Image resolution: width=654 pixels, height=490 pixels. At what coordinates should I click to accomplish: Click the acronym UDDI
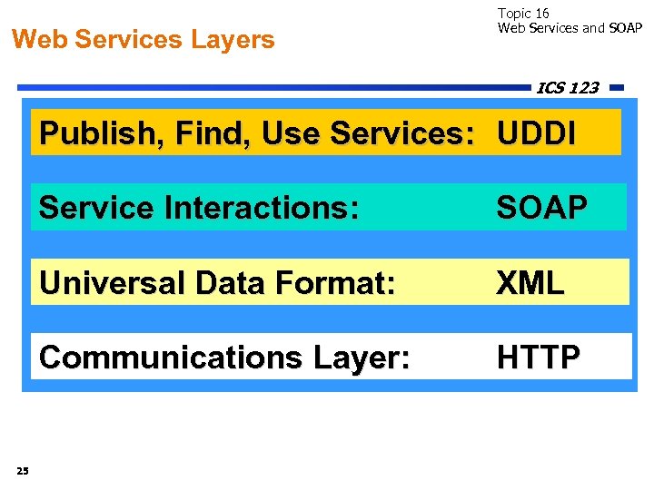pyautogui.click(x=535, y=134)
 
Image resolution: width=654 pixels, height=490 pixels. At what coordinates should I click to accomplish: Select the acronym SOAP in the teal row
pyautogui.click(x=541, y=208)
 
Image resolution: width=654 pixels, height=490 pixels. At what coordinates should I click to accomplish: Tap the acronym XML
pyautogui.click(x=530, y=283)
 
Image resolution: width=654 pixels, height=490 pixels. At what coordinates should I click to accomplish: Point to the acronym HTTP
pyautogui.click(x=538, y=358)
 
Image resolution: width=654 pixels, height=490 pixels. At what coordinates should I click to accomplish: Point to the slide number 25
pyautogui.click(x=23, y=469)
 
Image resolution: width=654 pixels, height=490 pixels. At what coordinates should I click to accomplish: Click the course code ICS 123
pyautogui.click(x=568, y=88)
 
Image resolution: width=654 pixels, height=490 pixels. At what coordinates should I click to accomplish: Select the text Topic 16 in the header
pyautogui.click(x=523, y=14)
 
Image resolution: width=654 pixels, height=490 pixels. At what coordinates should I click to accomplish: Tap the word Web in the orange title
pyautogui.click(x=40, y=40)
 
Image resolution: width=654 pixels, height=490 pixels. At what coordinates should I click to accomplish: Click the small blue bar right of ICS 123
pyautogui.click(x=617, y=88)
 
